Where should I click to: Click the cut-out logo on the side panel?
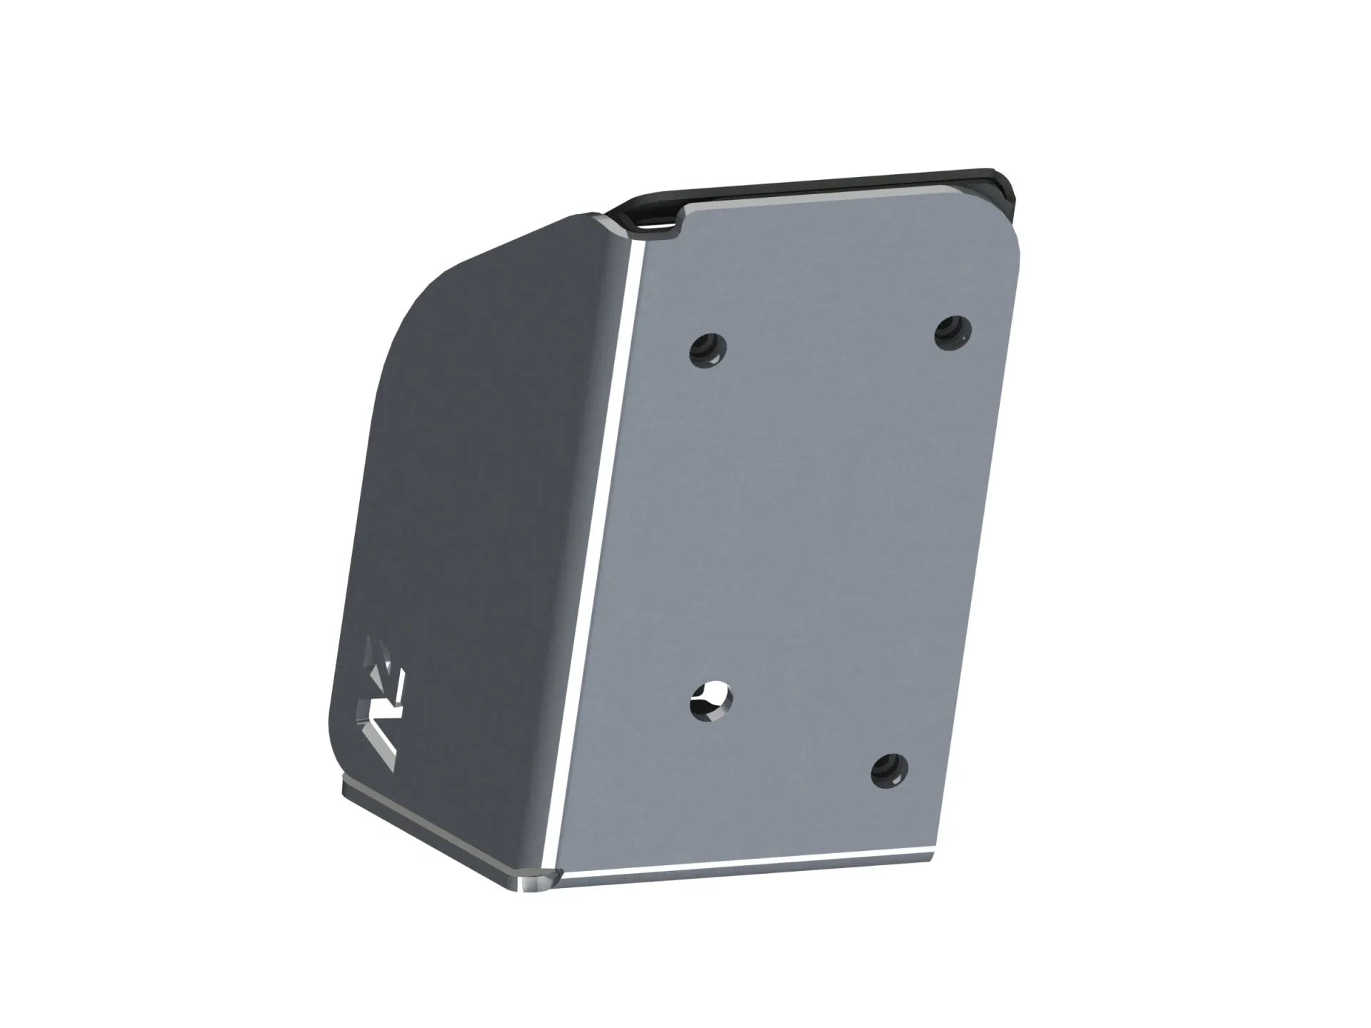(382, 703)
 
